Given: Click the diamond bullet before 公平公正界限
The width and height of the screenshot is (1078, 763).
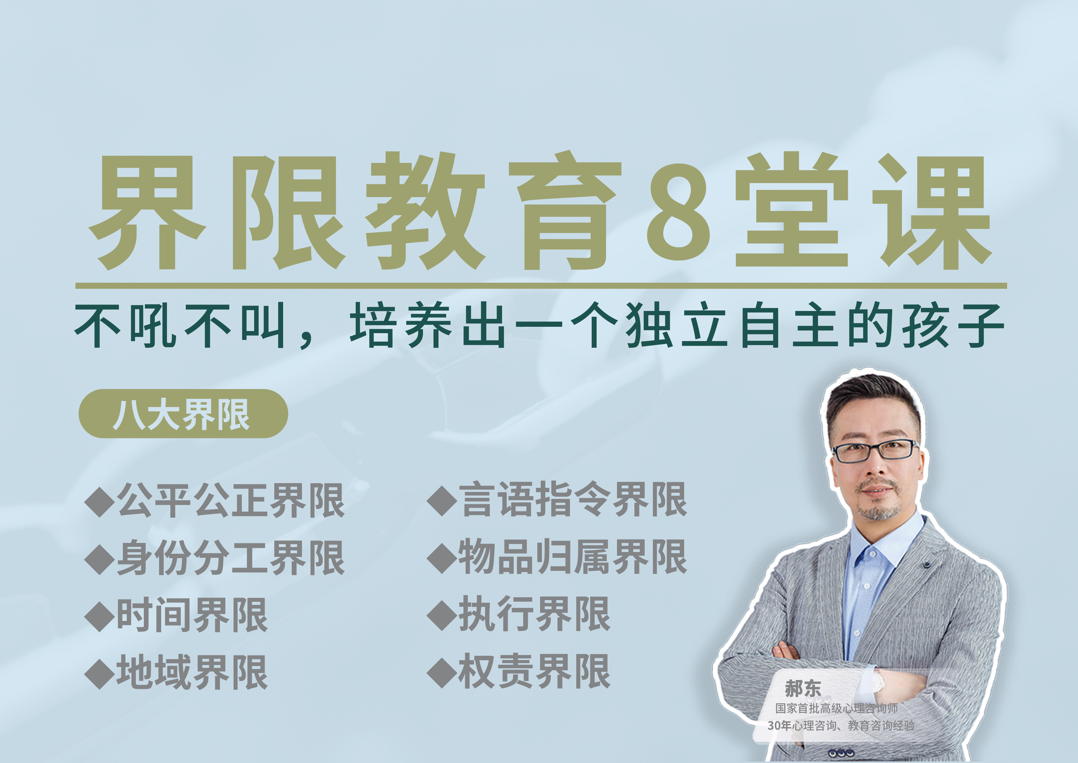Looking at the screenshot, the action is (100, 502).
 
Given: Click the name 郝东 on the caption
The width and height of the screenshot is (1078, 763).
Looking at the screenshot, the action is (802, 689).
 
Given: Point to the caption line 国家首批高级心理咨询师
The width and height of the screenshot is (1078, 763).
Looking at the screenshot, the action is (837, 708).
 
